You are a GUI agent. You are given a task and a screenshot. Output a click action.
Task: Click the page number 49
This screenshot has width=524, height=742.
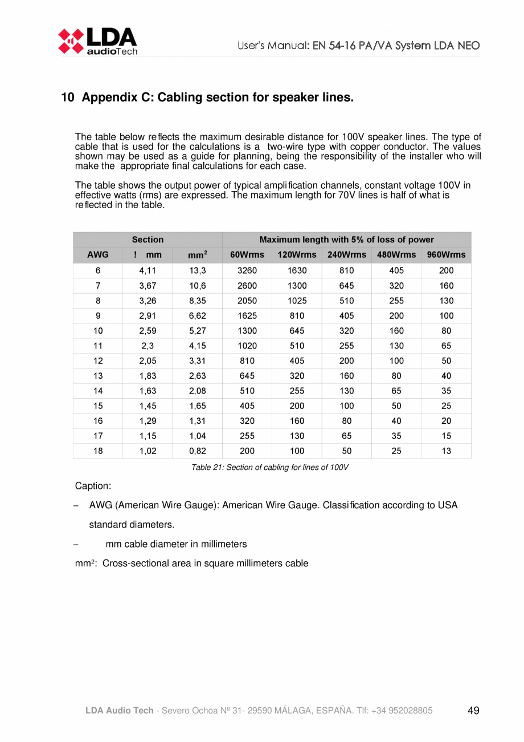click(473, 711)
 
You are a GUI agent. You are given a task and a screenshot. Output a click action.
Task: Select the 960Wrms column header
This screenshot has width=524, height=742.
click(446, 255)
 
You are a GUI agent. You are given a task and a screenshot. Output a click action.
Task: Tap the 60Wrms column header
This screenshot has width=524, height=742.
click(247, 255)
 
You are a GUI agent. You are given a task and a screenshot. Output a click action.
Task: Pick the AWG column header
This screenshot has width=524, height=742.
click(97, 255)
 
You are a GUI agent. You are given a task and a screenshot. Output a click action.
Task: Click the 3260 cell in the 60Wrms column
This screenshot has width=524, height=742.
click(247, 271)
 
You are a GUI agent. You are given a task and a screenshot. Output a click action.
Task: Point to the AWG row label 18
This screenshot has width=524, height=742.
click(97, 451)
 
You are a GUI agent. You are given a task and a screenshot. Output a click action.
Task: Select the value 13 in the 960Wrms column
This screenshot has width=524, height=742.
click(447, 451)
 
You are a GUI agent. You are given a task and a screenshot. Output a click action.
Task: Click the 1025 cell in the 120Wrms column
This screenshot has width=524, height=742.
click(297, 301)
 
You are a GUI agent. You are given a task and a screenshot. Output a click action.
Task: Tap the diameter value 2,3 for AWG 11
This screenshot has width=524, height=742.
click(147, 346)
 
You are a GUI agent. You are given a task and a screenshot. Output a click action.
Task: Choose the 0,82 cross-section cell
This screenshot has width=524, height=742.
click(197, 451)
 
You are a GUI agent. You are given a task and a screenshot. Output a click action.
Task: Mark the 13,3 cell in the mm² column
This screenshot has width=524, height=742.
click(197, 271)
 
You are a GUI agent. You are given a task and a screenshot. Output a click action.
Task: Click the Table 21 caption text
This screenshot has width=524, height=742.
click(269, 468)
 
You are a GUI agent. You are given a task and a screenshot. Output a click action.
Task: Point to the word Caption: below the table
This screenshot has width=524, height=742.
click(93, 486)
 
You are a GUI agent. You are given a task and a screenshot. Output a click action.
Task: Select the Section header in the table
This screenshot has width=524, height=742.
click(148, 240)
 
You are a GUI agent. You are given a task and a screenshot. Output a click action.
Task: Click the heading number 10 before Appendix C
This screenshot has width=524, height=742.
click(68, 98)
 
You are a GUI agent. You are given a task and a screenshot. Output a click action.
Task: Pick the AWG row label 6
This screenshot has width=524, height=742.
click(97, 271)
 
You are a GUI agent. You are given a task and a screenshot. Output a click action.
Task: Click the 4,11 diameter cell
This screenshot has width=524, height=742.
click(147, 271)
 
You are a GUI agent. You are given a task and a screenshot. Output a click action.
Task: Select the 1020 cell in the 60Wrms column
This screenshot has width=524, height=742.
click(247, 346)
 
